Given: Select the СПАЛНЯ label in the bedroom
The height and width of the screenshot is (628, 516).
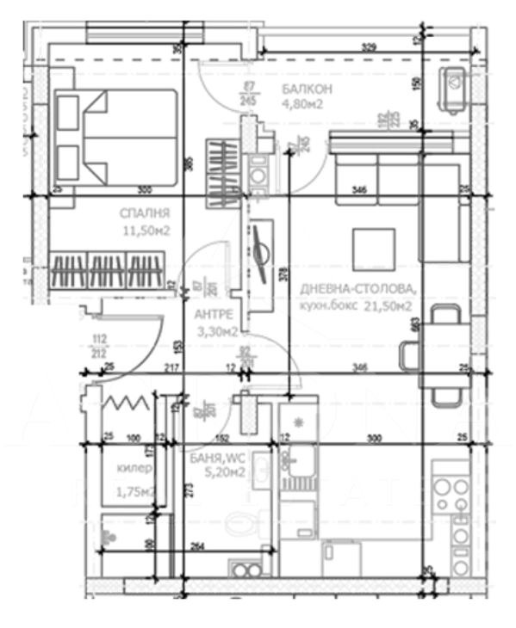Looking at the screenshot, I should pos(145,212).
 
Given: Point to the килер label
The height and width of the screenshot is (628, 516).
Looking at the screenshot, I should pos(134,469).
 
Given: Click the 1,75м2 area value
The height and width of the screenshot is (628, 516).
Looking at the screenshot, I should pos(134,491).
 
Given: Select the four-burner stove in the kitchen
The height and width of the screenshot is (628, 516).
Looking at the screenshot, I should pos(449,496).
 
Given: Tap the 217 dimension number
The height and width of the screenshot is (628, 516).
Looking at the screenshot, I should pos(171,368).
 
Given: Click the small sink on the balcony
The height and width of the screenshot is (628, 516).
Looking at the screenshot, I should pos(453,87).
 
